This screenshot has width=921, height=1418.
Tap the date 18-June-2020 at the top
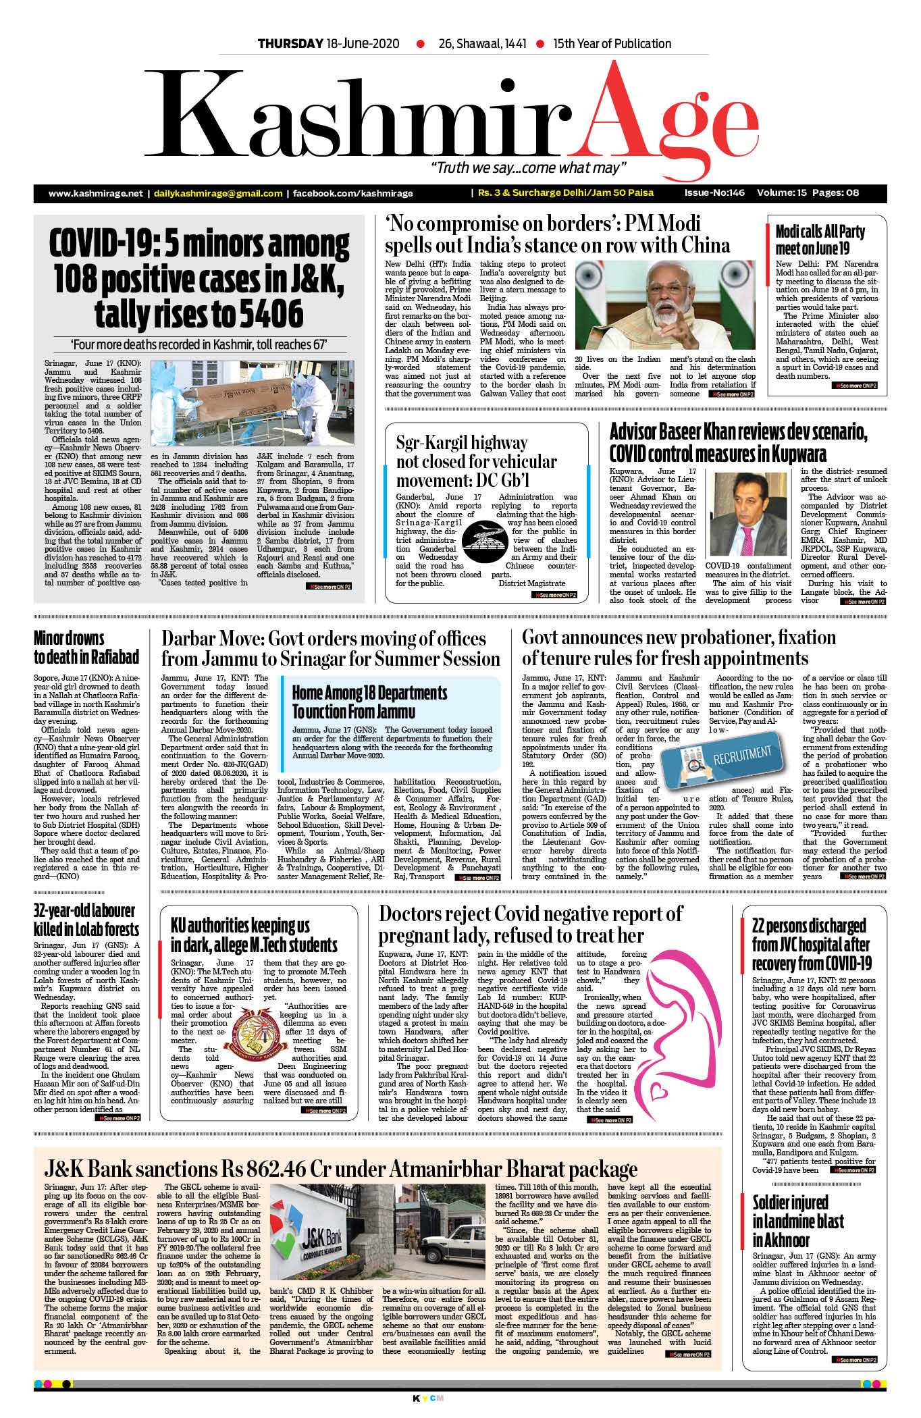pos(363,44)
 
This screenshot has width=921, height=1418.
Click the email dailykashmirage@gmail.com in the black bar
pos(218,193)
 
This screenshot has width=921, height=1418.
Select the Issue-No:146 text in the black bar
pos(714,192)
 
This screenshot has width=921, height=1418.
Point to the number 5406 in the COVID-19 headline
pos(266,314)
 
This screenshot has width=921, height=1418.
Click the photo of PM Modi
pos(665,305)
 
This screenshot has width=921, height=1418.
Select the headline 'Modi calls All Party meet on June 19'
pos(820,240)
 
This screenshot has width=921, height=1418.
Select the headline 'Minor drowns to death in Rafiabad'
pos(86,647)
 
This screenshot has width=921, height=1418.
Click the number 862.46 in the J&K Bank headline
pos(264,1169)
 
